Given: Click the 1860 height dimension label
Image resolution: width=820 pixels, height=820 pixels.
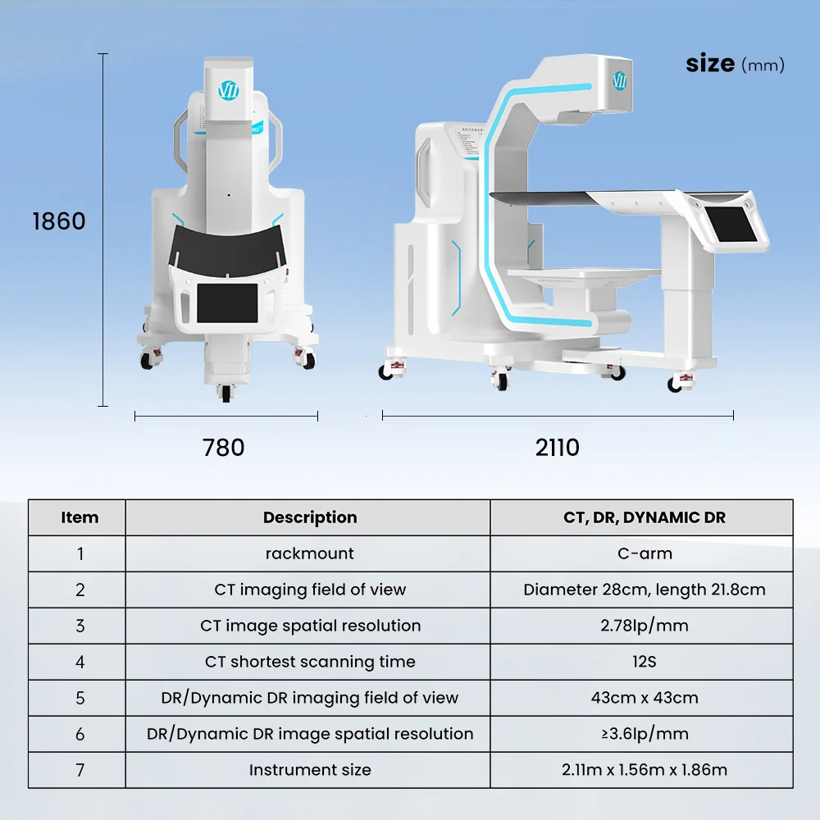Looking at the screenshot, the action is (59, 221).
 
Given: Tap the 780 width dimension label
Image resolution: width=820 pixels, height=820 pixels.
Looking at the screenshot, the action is (223, 448).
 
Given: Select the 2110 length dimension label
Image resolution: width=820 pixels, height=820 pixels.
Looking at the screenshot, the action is (558, 448).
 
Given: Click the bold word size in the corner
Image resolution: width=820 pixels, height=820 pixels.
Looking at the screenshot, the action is (710, 63).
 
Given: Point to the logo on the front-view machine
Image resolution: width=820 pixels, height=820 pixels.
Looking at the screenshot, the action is (229, 90).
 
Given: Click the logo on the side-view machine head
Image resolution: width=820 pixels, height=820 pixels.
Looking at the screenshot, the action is (619, 80).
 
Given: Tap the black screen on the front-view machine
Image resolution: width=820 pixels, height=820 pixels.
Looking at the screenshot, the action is (227, 303).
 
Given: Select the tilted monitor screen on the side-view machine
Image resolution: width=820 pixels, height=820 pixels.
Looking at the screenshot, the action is (731, 225).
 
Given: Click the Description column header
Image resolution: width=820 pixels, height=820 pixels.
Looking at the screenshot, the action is (310, 517).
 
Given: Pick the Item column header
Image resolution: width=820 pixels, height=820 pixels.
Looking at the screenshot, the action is (80, 517).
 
